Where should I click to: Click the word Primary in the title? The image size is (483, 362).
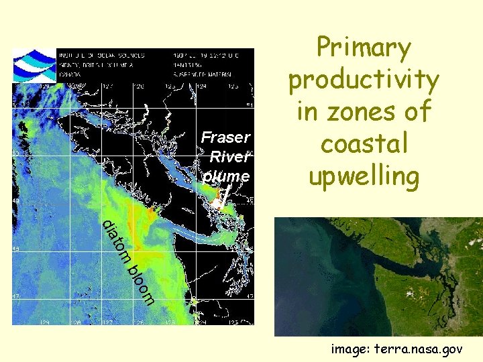pyautogui.click(x=364, y=49)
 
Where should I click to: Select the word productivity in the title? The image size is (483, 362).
pyautogui.click(x=364, y=80)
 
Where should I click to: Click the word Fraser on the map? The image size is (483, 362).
pyautogui.click(x=225, y=137)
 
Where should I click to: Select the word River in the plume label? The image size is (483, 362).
pyautogui.click(x=229, y=157)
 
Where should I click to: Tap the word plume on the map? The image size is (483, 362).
pyautogui.click(x=226, y=176)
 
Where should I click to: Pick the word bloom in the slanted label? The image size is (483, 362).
pyautogui.click(x=142, y=284)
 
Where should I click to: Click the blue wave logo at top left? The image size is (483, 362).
pyautogui.click(x=35, y=64)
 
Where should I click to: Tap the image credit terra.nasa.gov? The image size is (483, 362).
pyautogui.click(x=423, y=349)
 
